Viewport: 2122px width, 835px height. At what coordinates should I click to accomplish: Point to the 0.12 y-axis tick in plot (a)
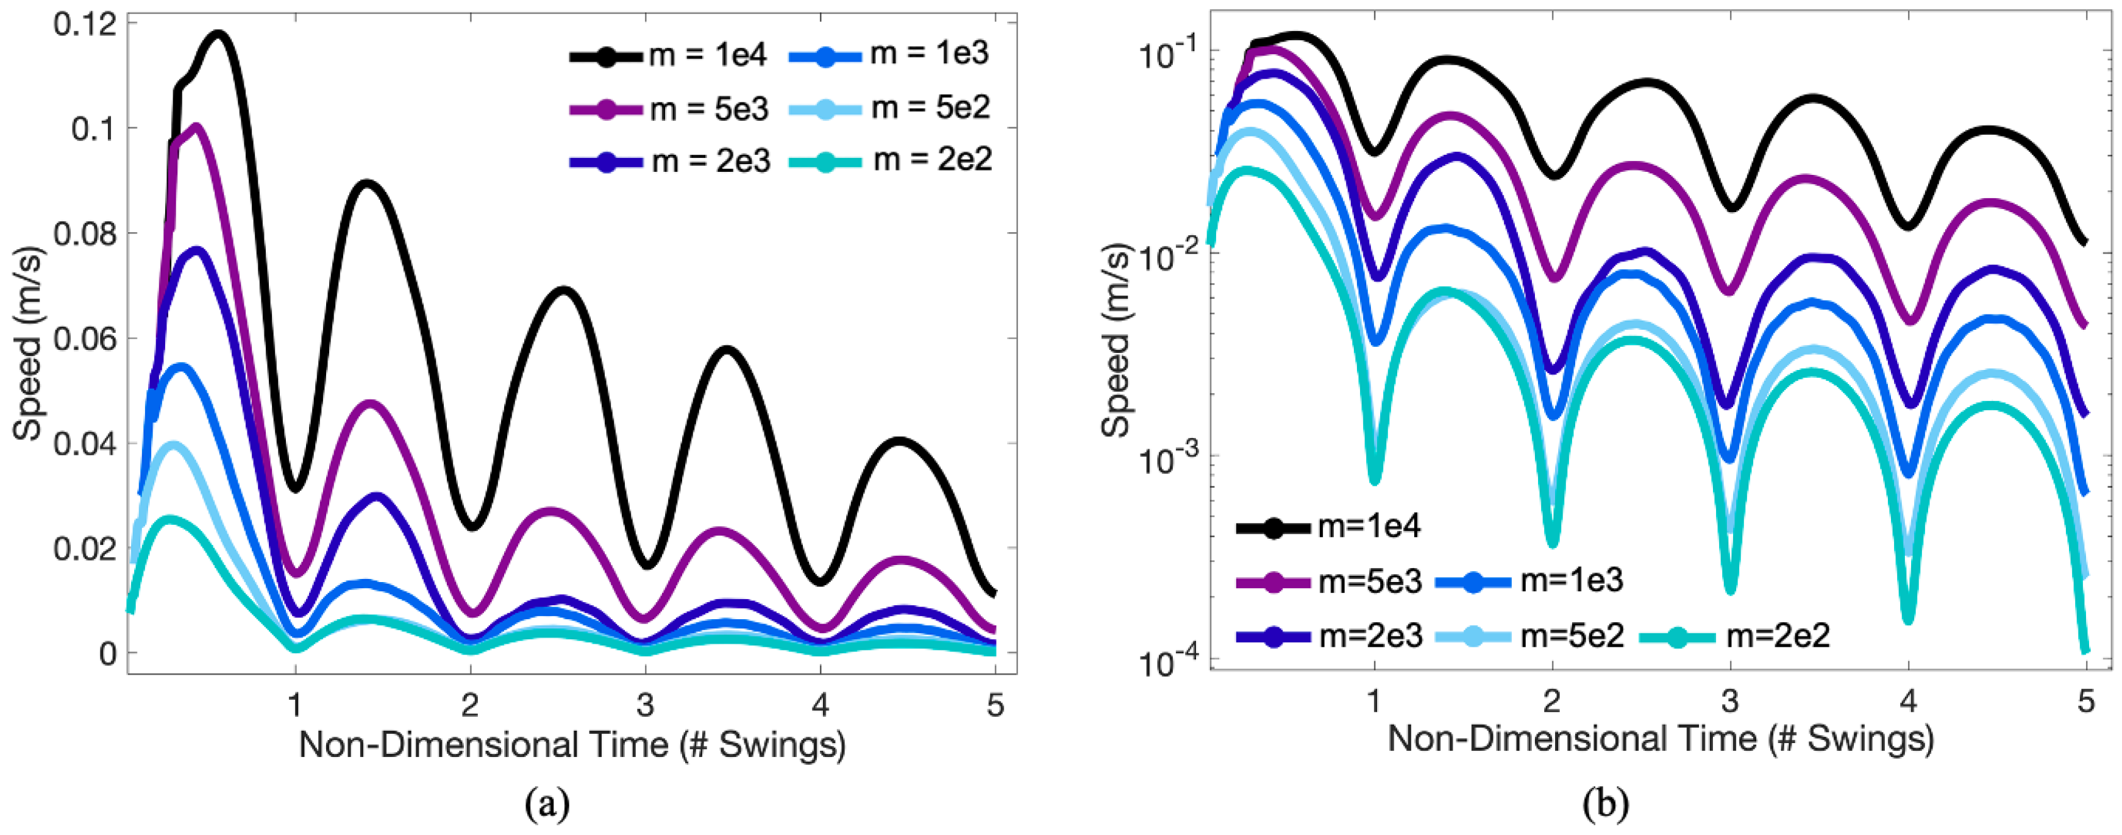[85, 24]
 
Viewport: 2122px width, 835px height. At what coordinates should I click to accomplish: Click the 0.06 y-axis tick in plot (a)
[85, 338]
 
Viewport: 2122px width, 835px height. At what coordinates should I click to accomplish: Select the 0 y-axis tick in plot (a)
[108, 653]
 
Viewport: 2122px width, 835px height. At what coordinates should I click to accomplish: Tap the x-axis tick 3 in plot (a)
[645, 705]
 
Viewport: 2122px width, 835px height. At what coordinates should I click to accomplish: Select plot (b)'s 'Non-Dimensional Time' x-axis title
[1660, 739]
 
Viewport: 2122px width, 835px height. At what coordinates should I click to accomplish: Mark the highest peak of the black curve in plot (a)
[219, 35]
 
